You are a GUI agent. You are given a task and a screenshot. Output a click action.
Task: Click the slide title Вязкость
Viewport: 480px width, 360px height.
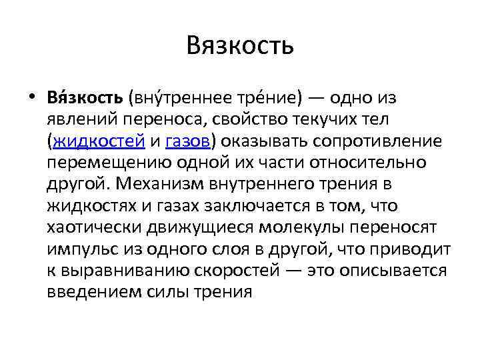pyautogui.click(x=240, y=46)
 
